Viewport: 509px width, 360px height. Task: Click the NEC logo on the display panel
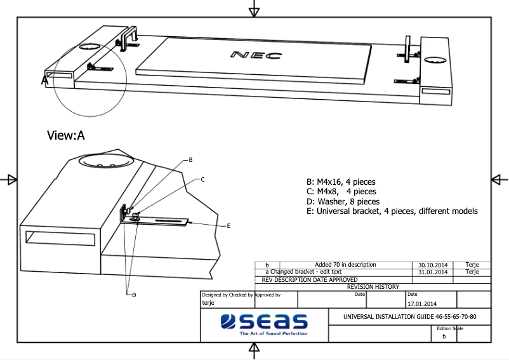point(256,55)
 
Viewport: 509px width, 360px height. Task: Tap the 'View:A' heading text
point(66,135)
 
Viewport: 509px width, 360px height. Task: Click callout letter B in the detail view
point(190,160)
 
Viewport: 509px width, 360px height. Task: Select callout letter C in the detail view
point(202,180)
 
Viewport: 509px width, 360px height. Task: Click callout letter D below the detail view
point(134,294)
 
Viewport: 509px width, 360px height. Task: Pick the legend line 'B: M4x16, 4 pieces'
point(341,182)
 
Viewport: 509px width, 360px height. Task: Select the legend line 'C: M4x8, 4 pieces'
point(341,192)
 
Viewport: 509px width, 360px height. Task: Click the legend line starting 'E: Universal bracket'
point(391,211)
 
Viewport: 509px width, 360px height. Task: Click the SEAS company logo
point(264,321)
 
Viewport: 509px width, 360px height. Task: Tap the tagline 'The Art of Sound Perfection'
point(273,333)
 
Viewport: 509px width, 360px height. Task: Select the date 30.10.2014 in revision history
point(433,265)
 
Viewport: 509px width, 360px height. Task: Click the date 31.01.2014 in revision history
point(433,272)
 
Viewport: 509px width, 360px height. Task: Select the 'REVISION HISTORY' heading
point(373,287)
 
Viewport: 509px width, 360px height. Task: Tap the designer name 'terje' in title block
point(208,303)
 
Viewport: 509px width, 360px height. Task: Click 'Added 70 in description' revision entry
point(345,265)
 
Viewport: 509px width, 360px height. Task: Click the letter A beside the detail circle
point(45,81)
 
